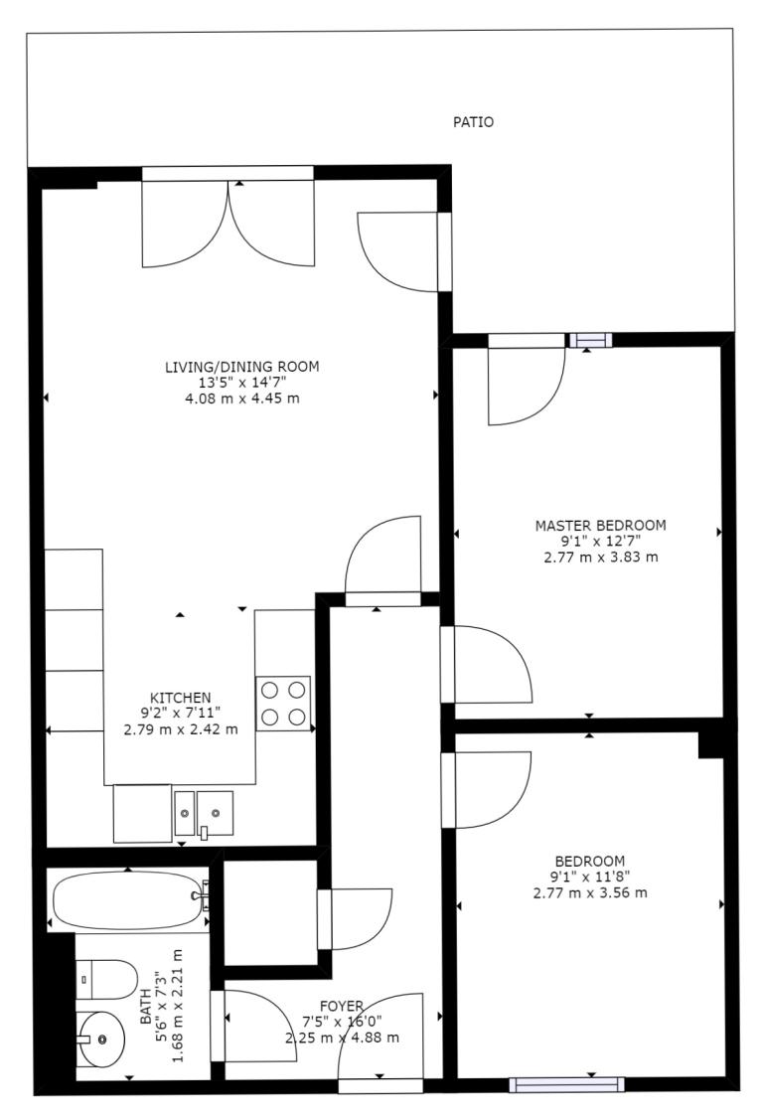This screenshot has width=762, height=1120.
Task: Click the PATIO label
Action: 473,122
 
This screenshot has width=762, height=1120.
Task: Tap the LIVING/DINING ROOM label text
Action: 242,367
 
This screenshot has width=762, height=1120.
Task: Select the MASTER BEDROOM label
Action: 601,526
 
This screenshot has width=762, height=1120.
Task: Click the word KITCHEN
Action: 180,698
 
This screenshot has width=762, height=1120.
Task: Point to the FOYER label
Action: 342,1007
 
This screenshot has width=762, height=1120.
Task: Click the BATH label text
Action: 145,1007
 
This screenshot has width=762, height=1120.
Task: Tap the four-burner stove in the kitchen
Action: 283,704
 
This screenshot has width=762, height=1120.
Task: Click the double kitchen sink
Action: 204,813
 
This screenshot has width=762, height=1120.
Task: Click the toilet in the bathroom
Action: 107,979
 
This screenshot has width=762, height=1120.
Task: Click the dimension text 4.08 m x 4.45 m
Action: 242,399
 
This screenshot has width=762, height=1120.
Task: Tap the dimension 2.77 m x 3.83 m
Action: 601,558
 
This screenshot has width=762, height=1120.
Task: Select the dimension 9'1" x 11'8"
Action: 590,878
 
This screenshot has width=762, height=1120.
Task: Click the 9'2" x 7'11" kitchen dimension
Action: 180,713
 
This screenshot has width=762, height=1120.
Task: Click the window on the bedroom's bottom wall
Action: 567,1085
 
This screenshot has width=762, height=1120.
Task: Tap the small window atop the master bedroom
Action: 590,340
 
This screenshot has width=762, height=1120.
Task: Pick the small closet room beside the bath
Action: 270,912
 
